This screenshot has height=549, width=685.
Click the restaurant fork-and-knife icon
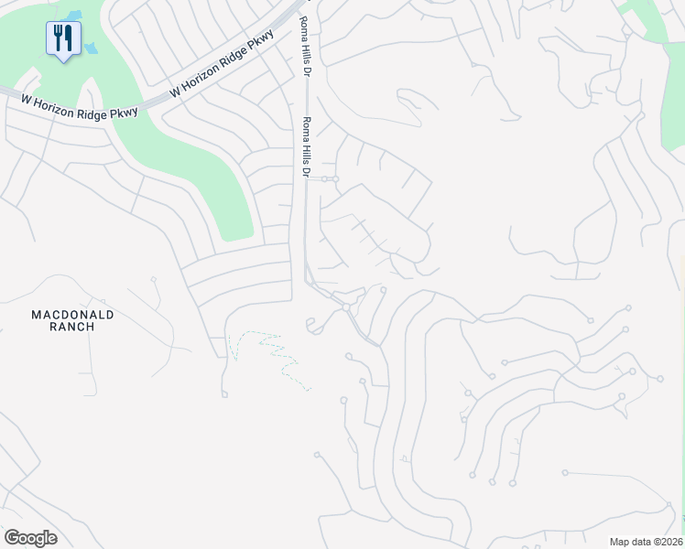[x=62, y=38]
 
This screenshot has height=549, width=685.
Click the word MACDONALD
[x=73, y=315]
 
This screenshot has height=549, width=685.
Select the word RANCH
[x=73, y=331]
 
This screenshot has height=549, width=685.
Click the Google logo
[x=30, y=538]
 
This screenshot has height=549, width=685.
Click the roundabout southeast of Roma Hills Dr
[x=346, y=309]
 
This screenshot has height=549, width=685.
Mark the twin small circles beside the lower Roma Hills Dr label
[x=330, y=178]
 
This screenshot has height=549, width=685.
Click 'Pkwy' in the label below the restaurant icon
[x=123, y=112]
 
